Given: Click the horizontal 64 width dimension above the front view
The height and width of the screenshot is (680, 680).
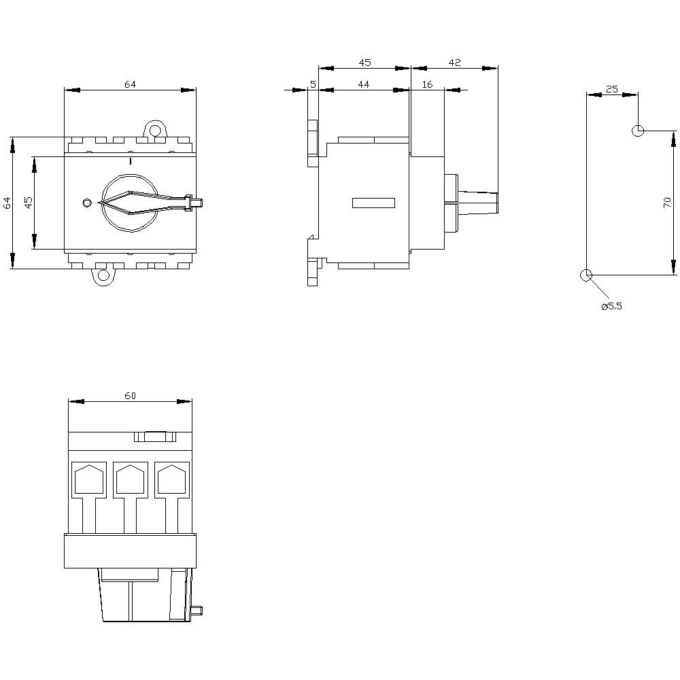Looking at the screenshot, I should (130, 84).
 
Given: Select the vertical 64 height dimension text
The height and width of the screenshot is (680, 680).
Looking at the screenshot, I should (7, 203).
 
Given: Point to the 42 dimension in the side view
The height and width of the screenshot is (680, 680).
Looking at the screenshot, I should (455, 63).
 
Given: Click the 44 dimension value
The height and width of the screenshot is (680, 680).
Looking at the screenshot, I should (363, 84).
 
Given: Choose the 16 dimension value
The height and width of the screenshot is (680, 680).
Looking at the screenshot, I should (427, 84).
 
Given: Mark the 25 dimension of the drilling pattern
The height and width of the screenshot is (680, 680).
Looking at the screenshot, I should (612, 89).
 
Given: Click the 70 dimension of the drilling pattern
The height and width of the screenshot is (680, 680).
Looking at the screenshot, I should (667, 202).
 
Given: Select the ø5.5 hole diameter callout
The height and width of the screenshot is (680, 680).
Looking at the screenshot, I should (611, 307).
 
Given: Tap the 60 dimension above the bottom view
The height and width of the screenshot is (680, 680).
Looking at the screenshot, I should (130, 396).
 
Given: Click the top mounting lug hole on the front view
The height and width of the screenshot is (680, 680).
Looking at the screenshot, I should (156, 129).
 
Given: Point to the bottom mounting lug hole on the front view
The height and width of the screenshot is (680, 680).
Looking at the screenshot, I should (103, 275).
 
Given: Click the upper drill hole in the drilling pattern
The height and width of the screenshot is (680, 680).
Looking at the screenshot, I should (638, 130).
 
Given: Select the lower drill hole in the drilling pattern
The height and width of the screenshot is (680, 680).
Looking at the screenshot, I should (585, 275).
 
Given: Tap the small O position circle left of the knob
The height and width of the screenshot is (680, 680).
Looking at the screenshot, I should (86, 203).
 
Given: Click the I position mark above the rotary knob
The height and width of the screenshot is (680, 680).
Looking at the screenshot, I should (130, 161).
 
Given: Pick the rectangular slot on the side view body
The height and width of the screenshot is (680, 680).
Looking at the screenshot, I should (373, 202).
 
